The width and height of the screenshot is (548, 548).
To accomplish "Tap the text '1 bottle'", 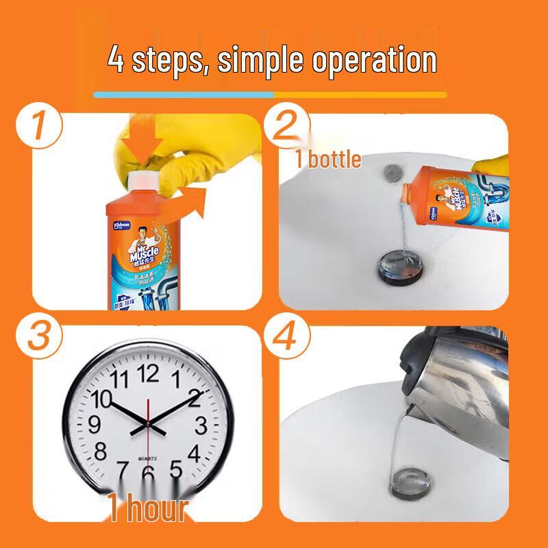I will click(328, 159).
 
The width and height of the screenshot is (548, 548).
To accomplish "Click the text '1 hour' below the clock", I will click(148, 508).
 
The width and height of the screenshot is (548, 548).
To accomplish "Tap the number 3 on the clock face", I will click(201, 425).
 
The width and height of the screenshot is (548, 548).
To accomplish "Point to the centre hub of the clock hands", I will click(147, 425).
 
